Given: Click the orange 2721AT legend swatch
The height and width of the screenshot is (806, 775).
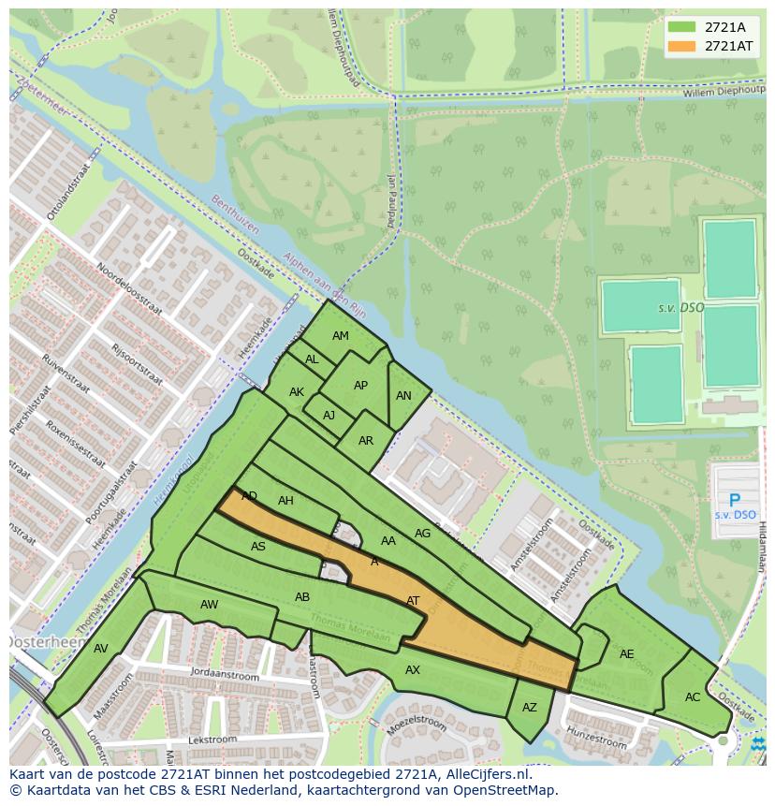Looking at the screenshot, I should click(x=682, y=46).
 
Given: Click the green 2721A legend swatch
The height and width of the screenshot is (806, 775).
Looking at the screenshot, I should click(x=682, y=26).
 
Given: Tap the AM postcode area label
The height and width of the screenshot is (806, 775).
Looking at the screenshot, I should click(x=341, y=336).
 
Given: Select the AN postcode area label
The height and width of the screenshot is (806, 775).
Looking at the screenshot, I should click(x=403, y=396).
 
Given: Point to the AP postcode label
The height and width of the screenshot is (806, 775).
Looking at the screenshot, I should click(x=360, y=386).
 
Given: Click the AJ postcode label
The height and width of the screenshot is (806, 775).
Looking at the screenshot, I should click(x=329, y=416).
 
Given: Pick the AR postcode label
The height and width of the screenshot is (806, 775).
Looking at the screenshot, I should click(x=366, y=441).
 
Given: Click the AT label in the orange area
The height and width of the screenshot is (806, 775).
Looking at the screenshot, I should click(x=413, y=601).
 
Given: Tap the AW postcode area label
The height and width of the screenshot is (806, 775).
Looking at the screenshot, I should click(x=209, y=605).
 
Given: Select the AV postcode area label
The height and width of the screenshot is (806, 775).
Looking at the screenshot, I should click(x=101, y=649).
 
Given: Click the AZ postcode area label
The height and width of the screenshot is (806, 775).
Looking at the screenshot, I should click(x=530, y=708).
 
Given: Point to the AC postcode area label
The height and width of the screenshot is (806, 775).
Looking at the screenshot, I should click(x=693, y=697).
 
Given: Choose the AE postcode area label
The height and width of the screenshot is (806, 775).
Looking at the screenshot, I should click(x=627, y=654).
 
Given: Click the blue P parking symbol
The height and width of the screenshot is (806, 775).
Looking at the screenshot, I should click(x=735, y=501).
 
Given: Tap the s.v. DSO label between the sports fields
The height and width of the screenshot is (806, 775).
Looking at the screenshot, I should click(x=680, y=308).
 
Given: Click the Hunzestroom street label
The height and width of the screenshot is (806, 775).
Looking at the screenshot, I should click(x=595, y=737).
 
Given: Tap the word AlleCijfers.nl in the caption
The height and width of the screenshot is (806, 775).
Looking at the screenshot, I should click(x=487, y=774).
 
